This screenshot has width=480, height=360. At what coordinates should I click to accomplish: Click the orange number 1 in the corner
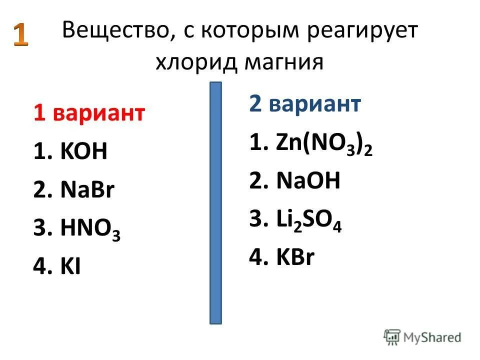[x=20, y=36]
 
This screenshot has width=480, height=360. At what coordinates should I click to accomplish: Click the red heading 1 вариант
[x=89, y=113]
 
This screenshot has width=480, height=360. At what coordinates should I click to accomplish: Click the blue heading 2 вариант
[x=304, y=104]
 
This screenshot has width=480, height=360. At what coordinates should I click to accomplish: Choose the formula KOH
[x=84, y=151]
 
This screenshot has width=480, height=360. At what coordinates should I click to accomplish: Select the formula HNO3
[x=90, y=229]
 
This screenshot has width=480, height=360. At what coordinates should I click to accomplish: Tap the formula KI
[x=71, y=267]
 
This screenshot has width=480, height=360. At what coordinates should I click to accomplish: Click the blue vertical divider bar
[x=215, y=202]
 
